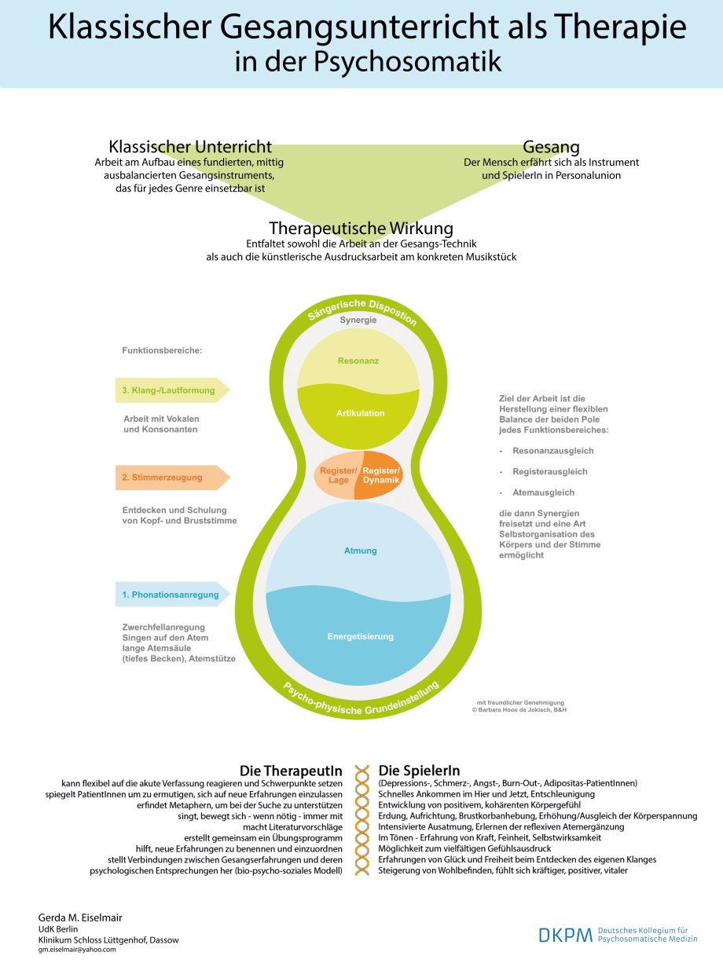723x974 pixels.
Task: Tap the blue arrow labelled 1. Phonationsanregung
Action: point(171,595)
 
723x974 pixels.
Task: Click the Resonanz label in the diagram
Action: point(358,361)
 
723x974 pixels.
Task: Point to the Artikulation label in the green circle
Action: point(360,413)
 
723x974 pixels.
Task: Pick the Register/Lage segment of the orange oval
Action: point(339,474)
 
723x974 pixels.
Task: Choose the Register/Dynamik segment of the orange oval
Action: point(380,474)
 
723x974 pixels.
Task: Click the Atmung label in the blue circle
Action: point(360,551)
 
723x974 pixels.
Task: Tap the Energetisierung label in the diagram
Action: point(360,636)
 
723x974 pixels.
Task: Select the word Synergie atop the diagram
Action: point(358,320)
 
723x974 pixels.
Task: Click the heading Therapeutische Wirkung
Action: point(361,228)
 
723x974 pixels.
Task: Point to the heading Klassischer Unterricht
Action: point(190,147)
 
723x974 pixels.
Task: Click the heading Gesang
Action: point(551,147)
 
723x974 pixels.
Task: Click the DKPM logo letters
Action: point(565,935)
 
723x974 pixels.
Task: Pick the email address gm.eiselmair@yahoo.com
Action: point(77,950)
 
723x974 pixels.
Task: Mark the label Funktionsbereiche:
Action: point(162,351)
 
